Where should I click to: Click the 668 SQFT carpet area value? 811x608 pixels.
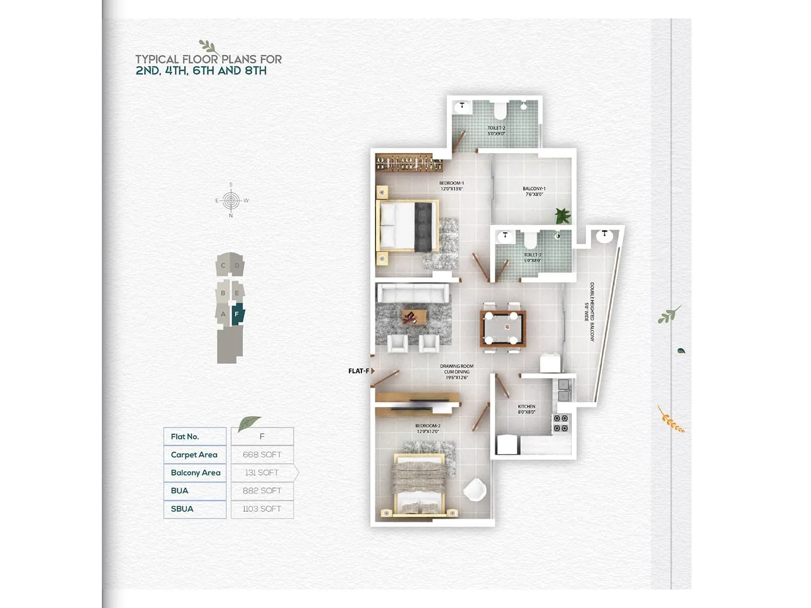coord(262,454)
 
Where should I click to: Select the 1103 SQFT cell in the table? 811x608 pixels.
coord(262,509)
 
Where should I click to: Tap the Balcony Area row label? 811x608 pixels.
coord(195,473)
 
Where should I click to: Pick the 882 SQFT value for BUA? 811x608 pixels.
coord(262,490)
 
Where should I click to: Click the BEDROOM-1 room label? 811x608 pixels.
coord(451,186)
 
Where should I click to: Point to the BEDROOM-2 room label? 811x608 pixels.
coord(428,429)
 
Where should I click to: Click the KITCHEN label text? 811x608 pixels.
coord(526,409)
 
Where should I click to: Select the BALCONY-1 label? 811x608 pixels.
coord(534,191)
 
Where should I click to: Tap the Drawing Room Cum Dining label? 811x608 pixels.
coord(457,371)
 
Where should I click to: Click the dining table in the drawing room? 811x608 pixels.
coord(502,328)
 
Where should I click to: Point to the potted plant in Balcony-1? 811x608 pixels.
coord(563,215)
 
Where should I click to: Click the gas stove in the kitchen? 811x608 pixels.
coord(561,423)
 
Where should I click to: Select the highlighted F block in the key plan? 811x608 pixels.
coord(237,315)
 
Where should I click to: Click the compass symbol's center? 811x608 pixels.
coord(231,201)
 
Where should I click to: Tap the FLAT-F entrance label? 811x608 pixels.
coord(358,371)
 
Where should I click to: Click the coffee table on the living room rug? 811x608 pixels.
coord(414,317)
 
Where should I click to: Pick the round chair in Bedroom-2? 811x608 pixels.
coord(475,490)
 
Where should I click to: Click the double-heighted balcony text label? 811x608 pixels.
coord(592,312)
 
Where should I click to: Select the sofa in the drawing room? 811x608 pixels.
coord(413,293)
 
